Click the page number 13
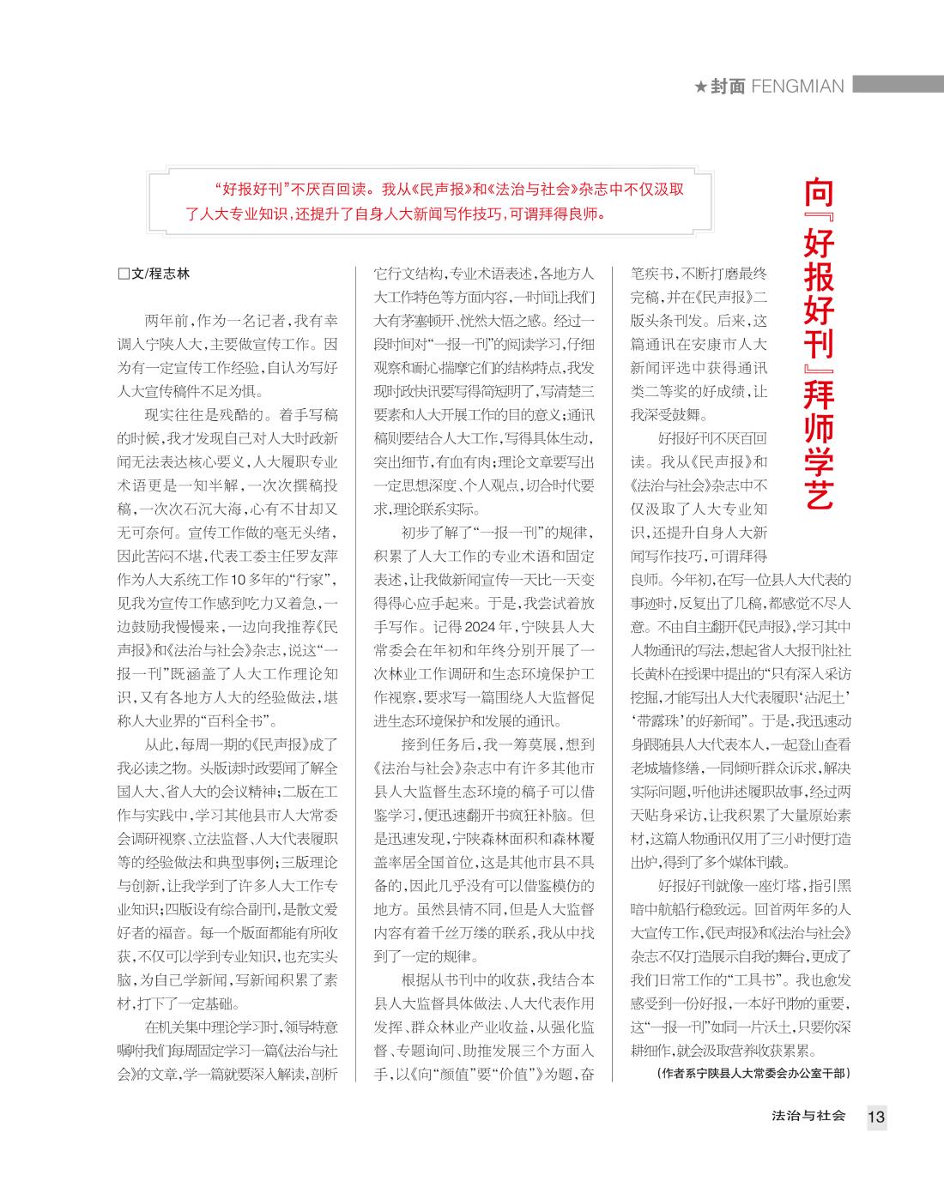click(x=875, y=1117)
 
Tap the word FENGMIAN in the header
click(x=797, y=87)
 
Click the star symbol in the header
click(x=700, y=87)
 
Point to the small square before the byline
click(x=123, y=274)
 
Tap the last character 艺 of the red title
click(x=820, y=493)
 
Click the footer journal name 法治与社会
click(x=808, y=1116)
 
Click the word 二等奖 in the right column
click(x=700, y=391)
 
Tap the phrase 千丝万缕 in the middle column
click(x=467, y=932)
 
